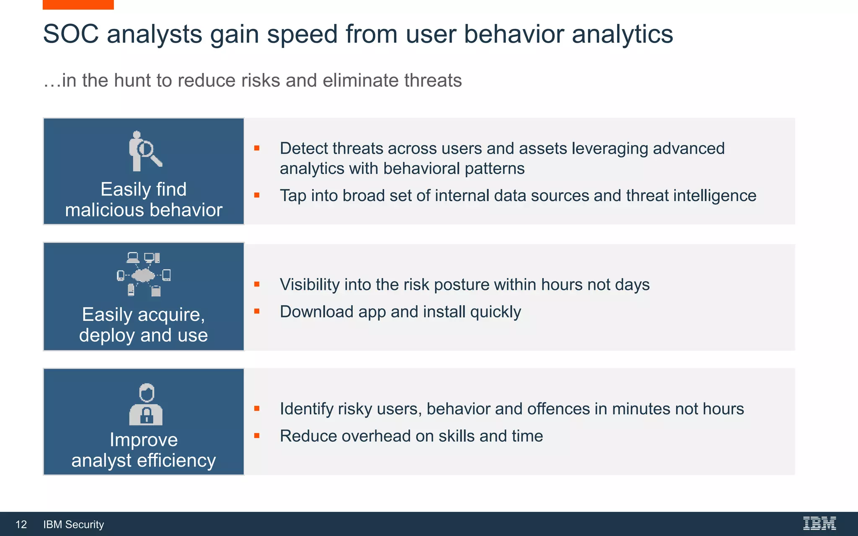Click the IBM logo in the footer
(819, 523)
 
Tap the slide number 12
(21, 524)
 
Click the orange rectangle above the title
(78, 5)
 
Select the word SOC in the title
(71, 34)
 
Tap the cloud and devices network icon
(144, 274)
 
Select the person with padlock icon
(146, 404)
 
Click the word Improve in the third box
(144, 440)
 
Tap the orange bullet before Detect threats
(257, 148)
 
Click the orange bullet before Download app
(257, 311)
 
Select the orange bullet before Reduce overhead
(257, 435)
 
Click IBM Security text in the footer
(73, 524)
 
